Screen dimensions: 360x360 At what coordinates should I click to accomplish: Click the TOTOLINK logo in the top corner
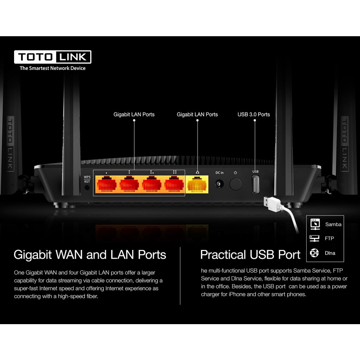click(x=53, y=57)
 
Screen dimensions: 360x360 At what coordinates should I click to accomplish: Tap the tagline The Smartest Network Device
click(x=53, y=68)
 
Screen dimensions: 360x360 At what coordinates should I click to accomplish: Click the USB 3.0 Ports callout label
click(x=254, y=114)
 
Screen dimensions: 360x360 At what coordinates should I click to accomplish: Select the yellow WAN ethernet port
click(x=197, y=184)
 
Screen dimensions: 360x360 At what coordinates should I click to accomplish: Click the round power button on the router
click(x=236, y=184)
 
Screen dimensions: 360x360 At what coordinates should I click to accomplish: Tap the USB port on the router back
click(x=255, y=184)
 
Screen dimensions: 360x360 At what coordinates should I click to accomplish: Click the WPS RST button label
click(x=87, y=179)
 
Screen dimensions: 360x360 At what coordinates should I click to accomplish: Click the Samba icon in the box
click(x=315, y=224)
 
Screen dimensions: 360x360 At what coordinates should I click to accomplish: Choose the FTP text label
click(x=329, y=238)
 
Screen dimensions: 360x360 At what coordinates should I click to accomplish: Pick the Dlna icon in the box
click(x=315, y=253)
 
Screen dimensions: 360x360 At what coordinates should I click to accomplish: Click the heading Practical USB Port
click(x=250, y=255)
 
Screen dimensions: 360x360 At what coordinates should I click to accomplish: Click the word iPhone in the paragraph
click(x=237, y=294)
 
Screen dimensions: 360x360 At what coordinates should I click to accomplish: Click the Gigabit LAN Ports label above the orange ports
click(x=134, y=114)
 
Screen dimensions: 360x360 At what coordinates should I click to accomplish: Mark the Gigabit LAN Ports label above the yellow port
click(x=197, y=114)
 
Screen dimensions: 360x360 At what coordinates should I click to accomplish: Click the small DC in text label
click(x=220, y=173)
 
